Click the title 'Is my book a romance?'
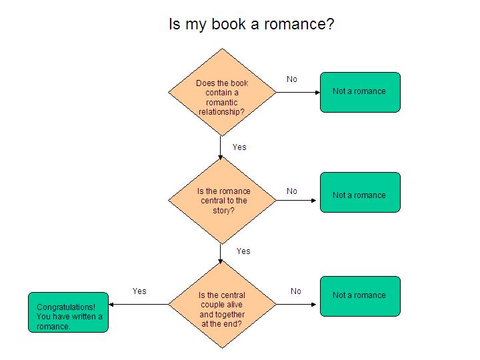251,25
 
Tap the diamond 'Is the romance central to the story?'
221,200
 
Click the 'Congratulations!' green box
68,312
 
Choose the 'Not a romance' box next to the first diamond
360,92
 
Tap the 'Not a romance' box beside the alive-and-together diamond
360,296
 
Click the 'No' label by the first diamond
292,79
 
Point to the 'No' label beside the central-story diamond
292,191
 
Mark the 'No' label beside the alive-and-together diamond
296,291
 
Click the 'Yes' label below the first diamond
239,147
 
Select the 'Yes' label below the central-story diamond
243,251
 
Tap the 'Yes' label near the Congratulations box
139,291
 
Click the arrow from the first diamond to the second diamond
221,147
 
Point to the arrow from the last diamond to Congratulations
139,305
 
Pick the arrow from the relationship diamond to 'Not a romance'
298,92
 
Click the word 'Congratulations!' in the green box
66,307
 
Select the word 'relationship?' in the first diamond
221,111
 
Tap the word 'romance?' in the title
303,25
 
